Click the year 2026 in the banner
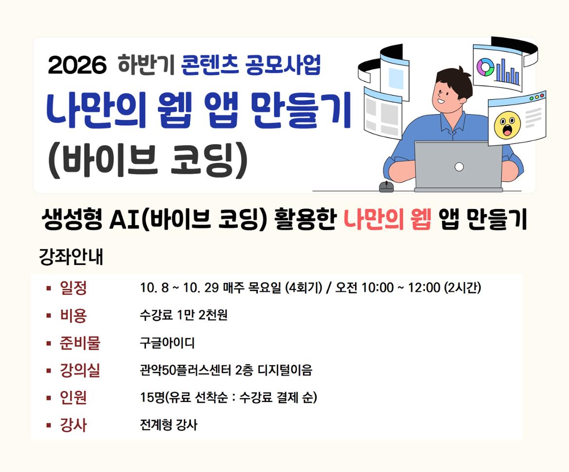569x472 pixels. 77,65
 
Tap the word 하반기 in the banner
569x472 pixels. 146,65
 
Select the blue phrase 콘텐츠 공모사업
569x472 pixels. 251,65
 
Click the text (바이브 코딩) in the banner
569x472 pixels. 148,161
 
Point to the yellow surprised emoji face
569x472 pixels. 507,124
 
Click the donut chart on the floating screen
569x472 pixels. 485,68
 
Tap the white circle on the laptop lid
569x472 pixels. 459,167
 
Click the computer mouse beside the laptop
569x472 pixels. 387,187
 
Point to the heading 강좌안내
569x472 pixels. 71,257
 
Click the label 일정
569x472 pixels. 73,288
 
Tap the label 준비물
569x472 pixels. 80,343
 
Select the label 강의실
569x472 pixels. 80,370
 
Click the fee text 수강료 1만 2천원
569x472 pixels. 184,315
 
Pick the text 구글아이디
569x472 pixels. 167,343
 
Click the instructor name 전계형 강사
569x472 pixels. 169,425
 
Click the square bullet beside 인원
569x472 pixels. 49,398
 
